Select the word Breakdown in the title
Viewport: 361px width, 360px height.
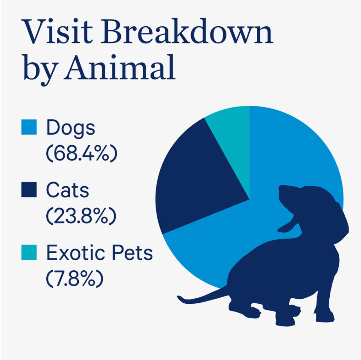coord(187,31)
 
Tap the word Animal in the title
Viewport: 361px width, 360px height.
coord(120,67)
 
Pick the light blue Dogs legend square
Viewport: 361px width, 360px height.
coord(29,127)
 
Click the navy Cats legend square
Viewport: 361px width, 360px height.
coord(29,189)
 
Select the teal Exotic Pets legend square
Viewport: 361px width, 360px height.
coord(29,252)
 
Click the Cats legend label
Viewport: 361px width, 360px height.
coord(67,190)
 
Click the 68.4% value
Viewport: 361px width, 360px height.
coord(82,153)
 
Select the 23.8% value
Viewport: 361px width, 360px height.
coord(81,216)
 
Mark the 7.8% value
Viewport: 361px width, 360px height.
coord(75,278)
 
